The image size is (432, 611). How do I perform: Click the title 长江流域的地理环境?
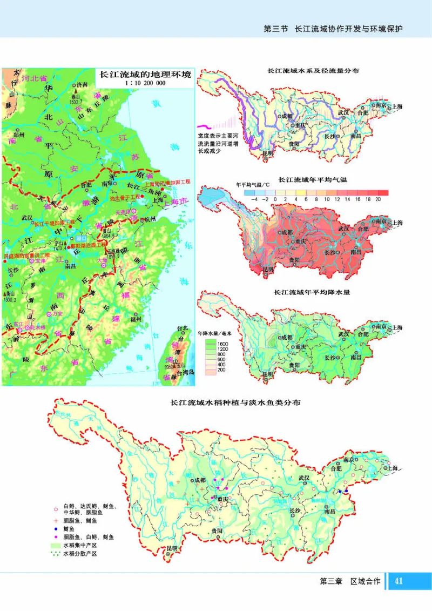point(143,75)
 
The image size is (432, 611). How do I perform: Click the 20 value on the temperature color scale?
point(377,199)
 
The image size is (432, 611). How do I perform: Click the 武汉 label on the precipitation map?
point(343,318)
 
